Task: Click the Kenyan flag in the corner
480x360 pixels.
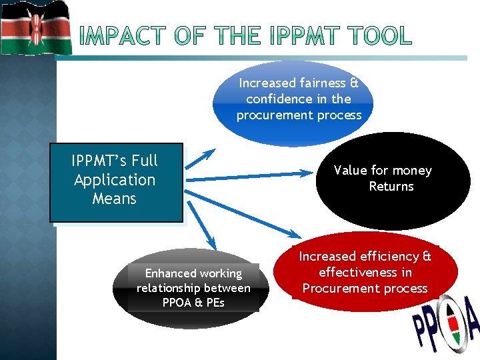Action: [35, 27]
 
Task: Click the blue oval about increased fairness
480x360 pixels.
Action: [293, 100]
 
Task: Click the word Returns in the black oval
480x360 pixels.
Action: [391, 187]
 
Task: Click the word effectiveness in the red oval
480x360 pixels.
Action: [365, 272]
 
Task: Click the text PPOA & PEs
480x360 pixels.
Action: [193, 303]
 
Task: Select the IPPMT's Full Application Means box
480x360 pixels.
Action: [115, 182]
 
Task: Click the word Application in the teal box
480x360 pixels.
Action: [115, 180]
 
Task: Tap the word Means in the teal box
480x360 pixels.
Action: [115, 199]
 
